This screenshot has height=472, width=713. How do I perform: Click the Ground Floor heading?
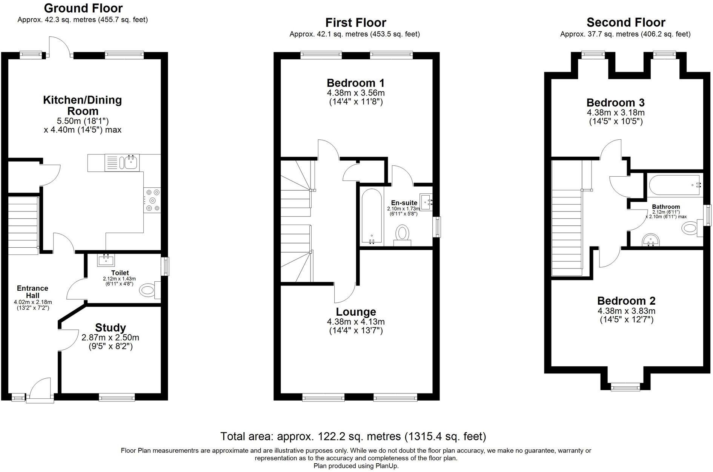click(x=83, y=8)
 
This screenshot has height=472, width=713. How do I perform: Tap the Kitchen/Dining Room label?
click(x=83, y=105)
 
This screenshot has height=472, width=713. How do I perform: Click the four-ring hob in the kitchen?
click(x=152, y=201)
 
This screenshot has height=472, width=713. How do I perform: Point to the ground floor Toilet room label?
click(x=120, y=273)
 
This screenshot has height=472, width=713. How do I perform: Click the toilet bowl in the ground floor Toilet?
click(x=148, y=290)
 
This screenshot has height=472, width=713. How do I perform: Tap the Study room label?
click(x=110, y=327)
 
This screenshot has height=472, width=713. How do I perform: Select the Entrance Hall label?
click(x=32, y=292)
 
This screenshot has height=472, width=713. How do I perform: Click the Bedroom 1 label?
click(x=356, y=83)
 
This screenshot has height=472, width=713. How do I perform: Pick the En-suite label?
click(x=404, y=203)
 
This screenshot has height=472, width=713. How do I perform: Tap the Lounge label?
click(x=356, y=312)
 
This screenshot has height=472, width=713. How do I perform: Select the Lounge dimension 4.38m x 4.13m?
click(x=356, y=322)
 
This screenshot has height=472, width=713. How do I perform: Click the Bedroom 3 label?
click(x=615, y=103)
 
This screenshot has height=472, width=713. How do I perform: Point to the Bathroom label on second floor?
click(x=666, y=207)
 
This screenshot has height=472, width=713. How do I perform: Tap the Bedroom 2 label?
click(x=626, y=301)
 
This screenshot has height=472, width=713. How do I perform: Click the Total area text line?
click(x=353, y=437)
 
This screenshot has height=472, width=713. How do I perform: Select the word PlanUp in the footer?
click(x=386, y=466)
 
